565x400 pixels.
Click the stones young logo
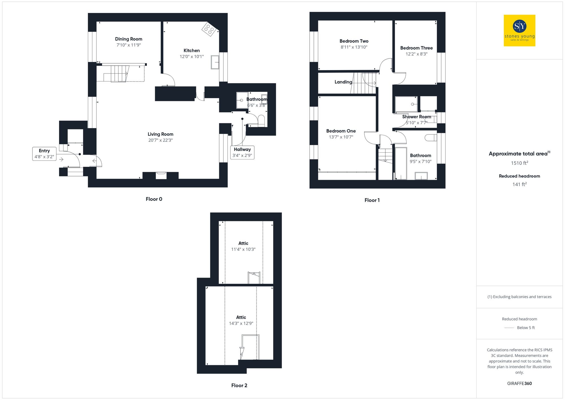(x=519, y=30)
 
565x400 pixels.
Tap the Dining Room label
(x=129, y=39)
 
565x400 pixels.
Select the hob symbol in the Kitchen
(x=209, y=29)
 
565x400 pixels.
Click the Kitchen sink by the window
(x=215, y=62)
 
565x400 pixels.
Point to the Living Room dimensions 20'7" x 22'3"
(x=160, y=140)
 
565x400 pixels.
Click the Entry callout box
(x=44, y=154)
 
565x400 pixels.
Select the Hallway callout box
(x=242, y=152)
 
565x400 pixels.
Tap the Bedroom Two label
(x=354, y=41)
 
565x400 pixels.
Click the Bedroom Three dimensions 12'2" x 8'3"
(x=416, y=54)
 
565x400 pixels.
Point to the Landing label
(x=343, y=82)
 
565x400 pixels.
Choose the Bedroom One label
(x=341, y=131)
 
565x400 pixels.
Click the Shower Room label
(x=416, y=117)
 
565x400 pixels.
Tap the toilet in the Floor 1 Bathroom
(x=431, y=138)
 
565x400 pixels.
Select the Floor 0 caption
(x=154, y=199)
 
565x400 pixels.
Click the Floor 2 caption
(x=239, y=385)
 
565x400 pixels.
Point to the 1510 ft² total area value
(x=519, y=163)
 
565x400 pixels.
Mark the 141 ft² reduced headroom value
(x=519, y=184)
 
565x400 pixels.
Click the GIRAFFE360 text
(x=519, y=383)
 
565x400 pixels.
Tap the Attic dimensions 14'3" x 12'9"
(x=241, y=323)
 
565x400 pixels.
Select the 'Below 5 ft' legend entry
(x=526, y=328)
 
